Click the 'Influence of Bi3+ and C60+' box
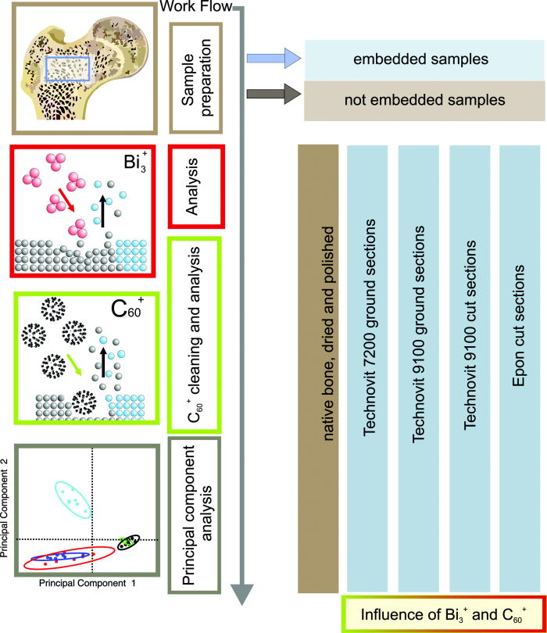coord(442,613)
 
